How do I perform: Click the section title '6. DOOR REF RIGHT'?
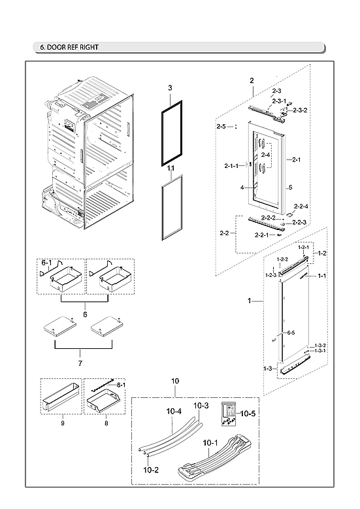[x=70, y=47]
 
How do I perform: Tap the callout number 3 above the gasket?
[x=169, y=87]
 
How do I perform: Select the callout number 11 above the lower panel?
[x=170, y=168]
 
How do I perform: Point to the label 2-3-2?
[x=300, y=110]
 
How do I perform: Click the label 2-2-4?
[x=301, y=206]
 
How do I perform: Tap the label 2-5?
[x=221, y=126]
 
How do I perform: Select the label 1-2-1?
[x=304, y=248]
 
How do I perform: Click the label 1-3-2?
[x=319, y=345]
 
